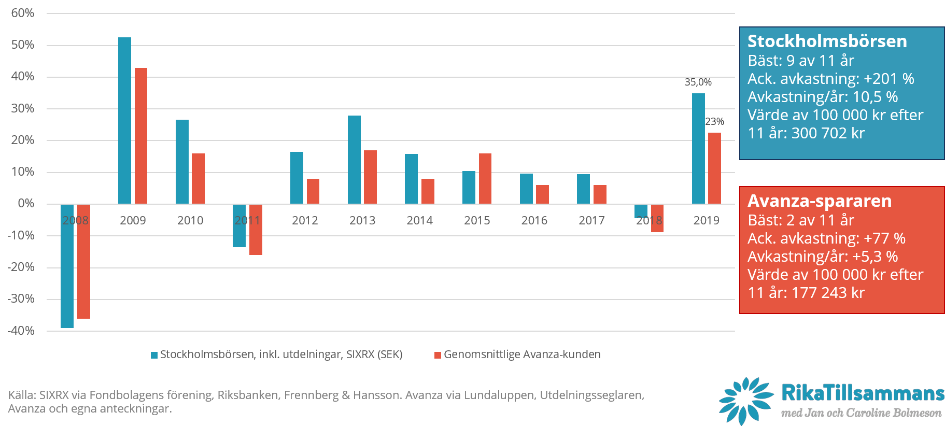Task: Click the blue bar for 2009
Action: tap(124, 120)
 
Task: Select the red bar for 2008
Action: tap(83, 261)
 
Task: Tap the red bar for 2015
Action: tap(485, 178)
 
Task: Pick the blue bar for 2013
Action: tap(354, 160)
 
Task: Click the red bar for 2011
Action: tap(256, 229)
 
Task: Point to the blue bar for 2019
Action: tap(698, 148)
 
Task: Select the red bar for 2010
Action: tap(198, 178)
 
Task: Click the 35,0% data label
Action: tap(698, 82)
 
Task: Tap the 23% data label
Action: tap(714, 122)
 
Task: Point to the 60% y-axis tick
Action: tap(23, 13)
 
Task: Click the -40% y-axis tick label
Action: tap(21, 331)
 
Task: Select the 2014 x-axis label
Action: tap(419, 221)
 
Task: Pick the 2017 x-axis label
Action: tap(591, 221)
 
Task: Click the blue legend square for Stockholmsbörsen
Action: tap(154, 355)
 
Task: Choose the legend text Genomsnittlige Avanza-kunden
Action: tap(522, 354)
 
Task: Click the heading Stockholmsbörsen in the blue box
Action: tap(827, 41)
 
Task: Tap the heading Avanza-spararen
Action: tap(820, 201)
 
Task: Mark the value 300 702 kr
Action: tap(828, 133)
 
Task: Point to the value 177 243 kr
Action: tap(828, 293)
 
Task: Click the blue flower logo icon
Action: tap(745, 401)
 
